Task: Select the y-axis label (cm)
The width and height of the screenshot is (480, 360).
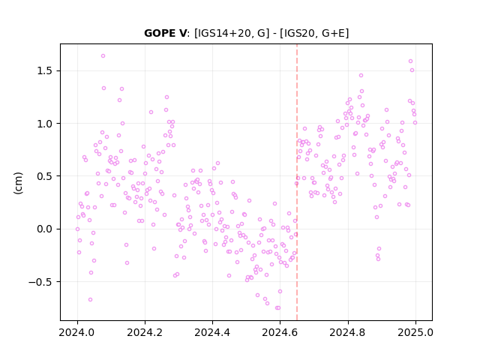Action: point(18,183)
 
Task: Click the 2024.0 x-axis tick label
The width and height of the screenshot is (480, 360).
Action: point(77,332)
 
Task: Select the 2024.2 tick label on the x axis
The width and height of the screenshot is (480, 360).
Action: point(145,332)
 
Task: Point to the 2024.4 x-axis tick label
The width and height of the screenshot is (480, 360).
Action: point(212,332)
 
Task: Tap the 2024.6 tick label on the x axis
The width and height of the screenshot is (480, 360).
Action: point(280,332)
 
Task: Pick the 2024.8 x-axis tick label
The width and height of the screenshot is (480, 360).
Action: point(348,332)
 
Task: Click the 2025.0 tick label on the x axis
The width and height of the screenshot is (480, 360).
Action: point(415,332)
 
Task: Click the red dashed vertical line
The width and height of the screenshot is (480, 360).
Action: point(297,182)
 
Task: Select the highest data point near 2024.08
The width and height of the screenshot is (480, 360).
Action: point(103,56)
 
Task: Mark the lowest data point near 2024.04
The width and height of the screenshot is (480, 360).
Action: point(90,300)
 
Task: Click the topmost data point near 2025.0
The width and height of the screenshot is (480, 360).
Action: point(410,61)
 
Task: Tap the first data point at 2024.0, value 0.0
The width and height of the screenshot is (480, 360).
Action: point(77,229)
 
